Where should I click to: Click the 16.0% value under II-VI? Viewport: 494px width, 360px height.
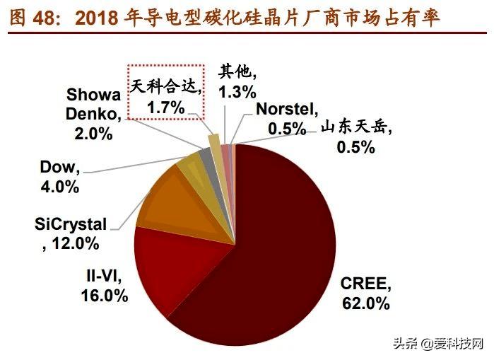click(103, 296)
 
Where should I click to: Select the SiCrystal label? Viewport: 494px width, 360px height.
click(71, 225)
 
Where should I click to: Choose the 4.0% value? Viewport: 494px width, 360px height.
click(60, 187)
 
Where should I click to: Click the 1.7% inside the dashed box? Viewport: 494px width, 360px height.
click(165, 107)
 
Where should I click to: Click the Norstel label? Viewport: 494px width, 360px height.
click(288, 109)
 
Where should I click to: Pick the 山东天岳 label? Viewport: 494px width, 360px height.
click(355, 128)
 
